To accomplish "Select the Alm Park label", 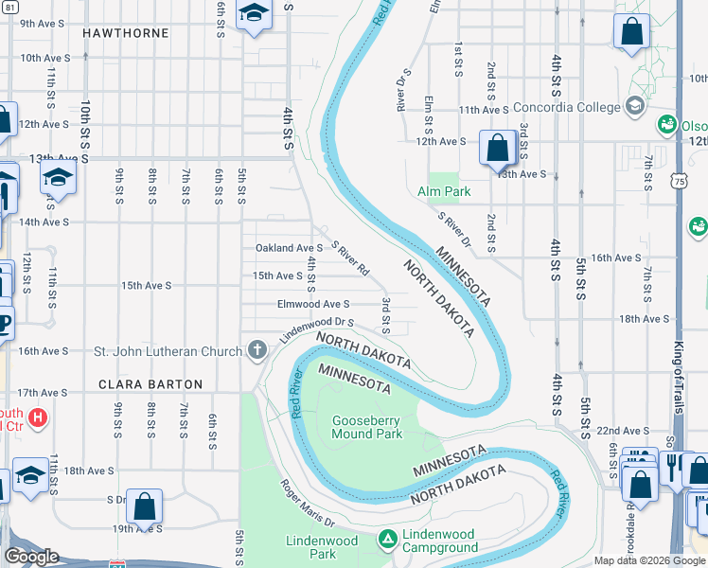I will pyautogui.click(x=443, y=191).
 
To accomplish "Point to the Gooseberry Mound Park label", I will pyautogui.click(x=366, y=427).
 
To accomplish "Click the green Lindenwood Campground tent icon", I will pyautogui.click(x=386, y=539).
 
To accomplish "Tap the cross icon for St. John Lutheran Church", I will pyautogui.click(x=256, y=351).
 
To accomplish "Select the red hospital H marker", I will pyautogui.click(x=38, y=417).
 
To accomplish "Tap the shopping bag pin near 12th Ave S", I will pyautogui.click(x=496, y=148).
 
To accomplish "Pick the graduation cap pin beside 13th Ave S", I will pyautogui.click(x=58, y=177).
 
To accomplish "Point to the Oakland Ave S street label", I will pyautogui.click(x=289, y=248).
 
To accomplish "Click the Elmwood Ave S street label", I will pyautogui.click(x=313, y=304).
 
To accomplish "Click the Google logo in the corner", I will pyautogui.click(x=31, y=557).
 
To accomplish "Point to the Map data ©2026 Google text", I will pyautogui.click(x=648, y=560).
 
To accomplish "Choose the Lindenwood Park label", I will pyautogui.click(x=323, y=547).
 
